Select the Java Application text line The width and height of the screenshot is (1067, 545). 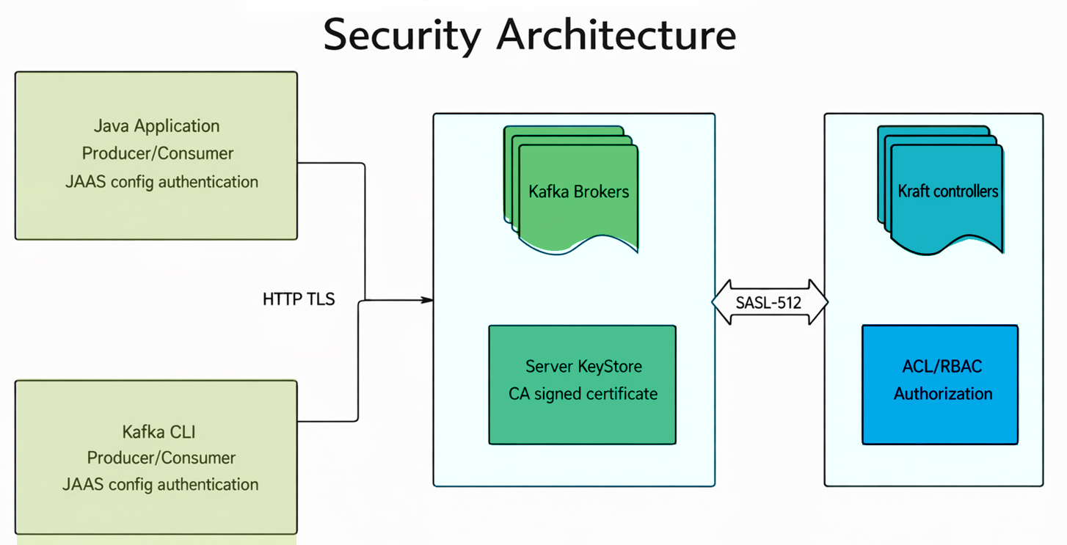tap(156, 125)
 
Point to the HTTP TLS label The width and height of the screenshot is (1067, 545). tap(299, 299)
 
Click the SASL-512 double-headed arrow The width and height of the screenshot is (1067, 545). tap(770, 302)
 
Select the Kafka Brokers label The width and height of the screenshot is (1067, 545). tap(578, 192)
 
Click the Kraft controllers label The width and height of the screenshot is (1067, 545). tap(947, 191)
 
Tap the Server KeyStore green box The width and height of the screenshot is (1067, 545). tap(582, 418)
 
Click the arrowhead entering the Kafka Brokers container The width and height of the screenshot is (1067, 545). tap(427, 299)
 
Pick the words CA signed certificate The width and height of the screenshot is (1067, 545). tap(583, 394)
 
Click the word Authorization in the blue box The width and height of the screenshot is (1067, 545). tap(943, 394)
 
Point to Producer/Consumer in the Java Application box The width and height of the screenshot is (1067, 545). tap(157, 153)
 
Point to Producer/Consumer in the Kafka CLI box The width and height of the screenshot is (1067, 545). tap(161, 458)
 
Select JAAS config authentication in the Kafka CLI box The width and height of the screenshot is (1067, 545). tap(160, 485)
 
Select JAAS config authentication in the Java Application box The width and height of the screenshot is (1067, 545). tap(161, 181)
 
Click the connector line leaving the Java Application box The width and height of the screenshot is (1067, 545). tap(330, 163)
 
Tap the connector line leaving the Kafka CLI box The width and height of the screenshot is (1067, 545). tap(327, 421)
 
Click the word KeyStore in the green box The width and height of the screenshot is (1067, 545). tap(611, 367)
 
